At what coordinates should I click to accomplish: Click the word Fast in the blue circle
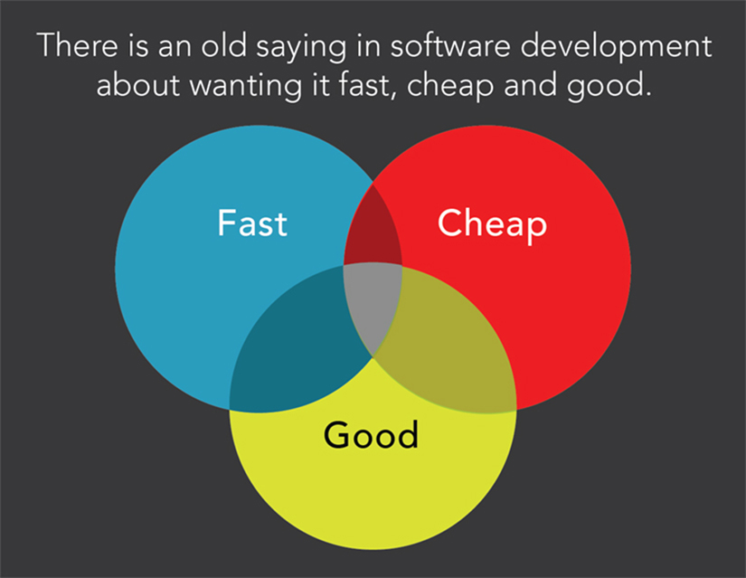(x=252, y=223)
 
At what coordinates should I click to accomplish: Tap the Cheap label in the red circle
(x=492, y=224)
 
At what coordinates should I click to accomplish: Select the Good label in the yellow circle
(x=372, y=436)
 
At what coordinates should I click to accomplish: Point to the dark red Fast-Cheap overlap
(x=372, y=231)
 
